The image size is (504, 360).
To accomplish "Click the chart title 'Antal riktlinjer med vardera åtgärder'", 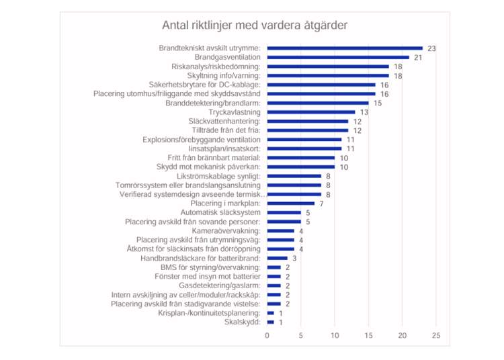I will (254, 26).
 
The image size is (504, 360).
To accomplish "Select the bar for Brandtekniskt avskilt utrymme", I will (345, 48).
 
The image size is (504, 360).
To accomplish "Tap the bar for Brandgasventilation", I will (338, 58).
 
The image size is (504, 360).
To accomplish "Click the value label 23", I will (432, 48).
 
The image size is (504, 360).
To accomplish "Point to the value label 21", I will (418, 58).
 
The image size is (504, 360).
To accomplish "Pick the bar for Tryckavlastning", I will (311, 112).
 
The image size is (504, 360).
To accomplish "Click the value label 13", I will (364, 112).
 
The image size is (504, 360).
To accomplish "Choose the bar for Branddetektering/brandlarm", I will (318, 103).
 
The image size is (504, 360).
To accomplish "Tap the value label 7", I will (321, 203).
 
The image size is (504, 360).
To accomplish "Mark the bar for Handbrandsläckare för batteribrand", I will (278, 258).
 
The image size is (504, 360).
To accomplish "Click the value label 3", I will (294, 258).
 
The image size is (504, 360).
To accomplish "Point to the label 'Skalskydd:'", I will (244, 322).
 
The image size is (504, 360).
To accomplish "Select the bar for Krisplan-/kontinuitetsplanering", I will (271, 312).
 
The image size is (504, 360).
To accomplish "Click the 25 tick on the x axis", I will (436, 335).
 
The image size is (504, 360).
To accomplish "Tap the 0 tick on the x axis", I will (267, 335).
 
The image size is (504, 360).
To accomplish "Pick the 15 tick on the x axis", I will (369, 335).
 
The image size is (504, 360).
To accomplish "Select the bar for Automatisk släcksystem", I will (284, 212).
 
